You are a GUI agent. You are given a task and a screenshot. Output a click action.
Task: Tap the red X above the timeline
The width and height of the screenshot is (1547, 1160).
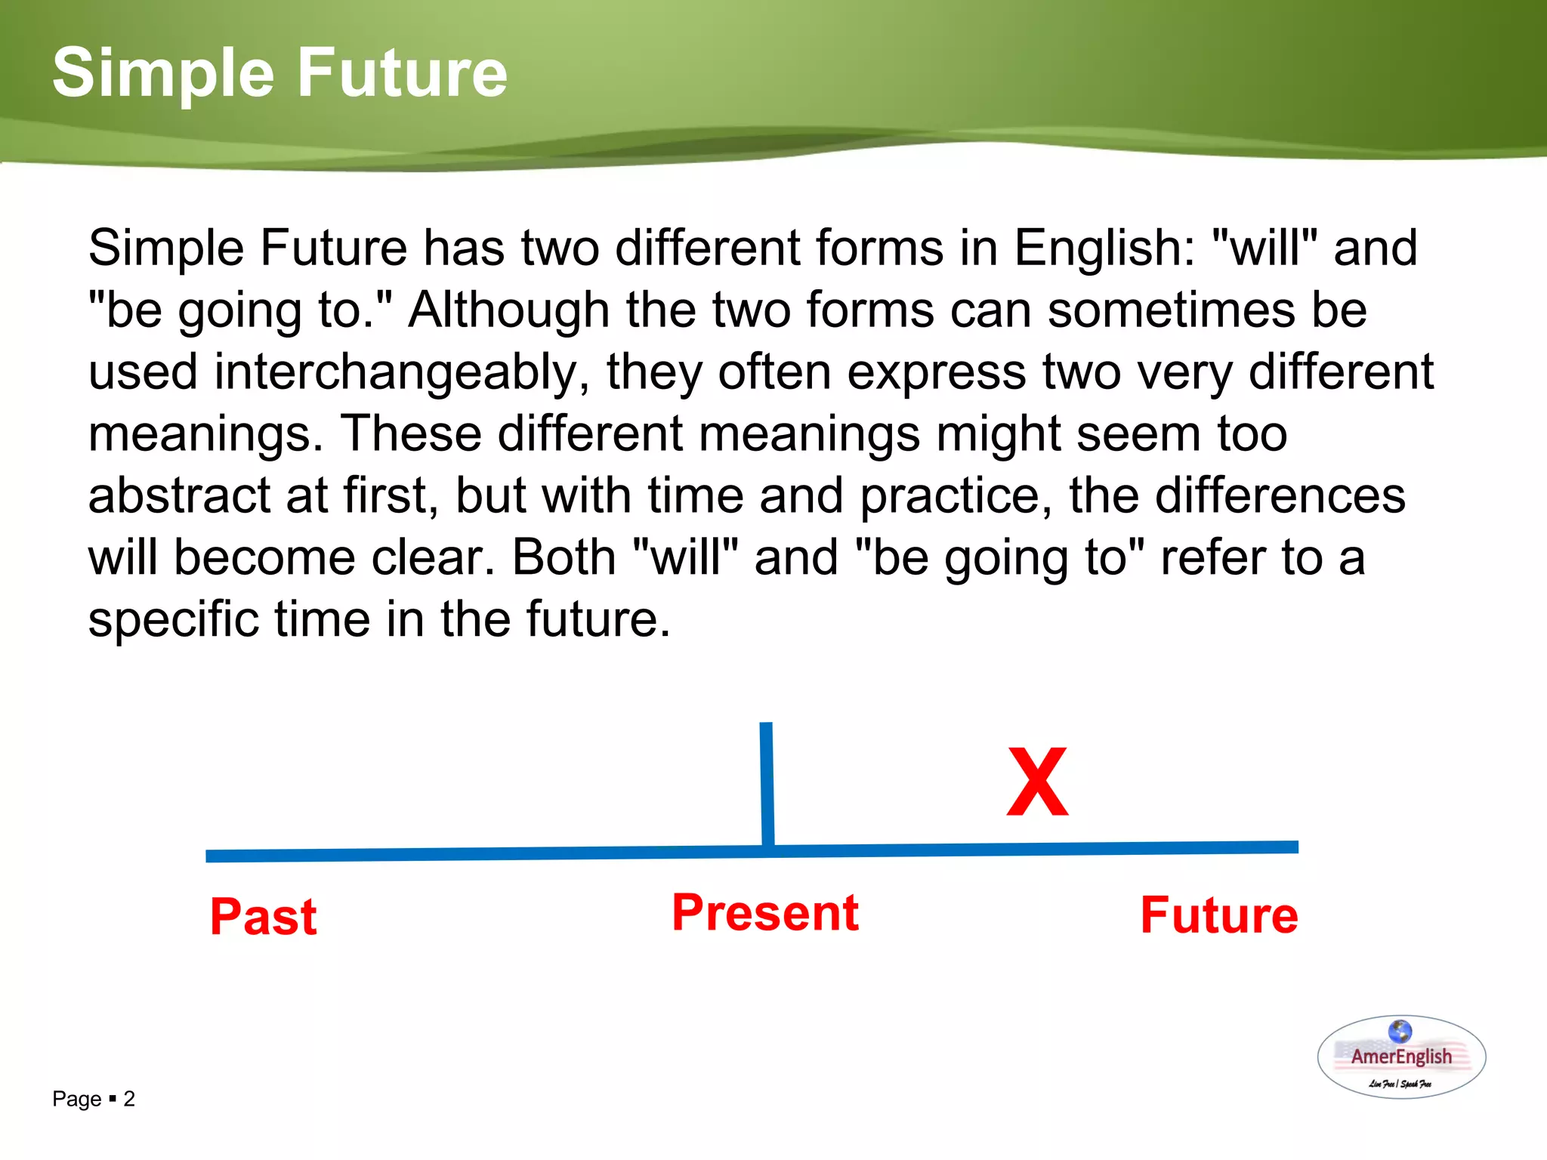[1038, 782]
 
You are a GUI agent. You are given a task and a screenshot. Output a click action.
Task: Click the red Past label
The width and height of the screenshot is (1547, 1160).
[263, 917]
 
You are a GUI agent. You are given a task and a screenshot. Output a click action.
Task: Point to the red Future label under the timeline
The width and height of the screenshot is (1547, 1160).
[1218, 915]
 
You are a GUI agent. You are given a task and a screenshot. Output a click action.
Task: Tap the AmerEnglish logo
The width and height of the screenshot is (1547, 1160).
[1401, 1057]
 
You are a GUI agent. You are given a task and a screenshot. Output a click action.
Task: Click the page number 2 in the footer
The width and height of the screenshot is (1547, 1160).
[129, 1099]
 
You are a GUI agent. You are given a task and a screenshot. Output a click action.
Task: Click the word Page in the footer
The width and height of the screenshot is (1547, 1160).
[76, 1100]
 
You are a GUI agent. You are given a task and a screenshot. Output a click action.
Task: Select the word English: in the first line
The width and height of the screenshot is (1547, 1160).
[1104, 248]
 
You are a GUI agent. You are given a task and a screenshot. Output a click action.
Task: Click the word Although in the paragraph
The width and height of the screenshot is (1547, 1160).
[508, 310]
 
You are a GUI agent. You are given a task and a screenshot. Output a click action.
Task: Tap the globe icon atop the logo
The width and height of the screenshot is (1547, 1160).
[1400, 1031]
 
